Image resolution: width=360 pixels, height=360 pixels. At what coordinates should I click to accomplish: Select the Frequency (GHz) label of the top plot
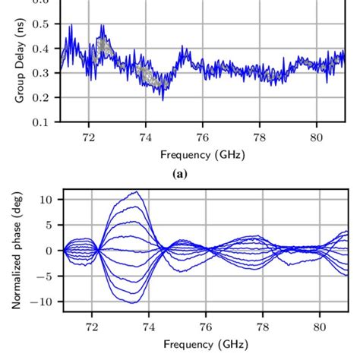tap(203, 154)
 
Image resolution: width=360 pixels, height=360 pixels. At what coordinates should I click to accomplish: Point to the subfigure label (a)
tap(181, 174)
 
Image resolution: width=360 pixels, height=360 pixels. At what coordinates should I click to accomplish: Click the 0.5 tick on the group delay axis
tap(44, 24)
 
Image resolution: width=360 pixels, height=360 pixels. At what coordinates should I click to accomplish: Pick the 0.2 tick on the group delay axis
tap(44, 97)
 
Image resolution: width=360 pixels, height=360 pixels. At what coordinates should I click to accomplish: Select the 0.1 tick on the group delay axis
tap(44, 122)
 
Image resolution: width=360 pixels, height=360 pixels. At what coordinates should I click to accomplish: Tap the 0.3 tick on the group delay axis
tap(44, 73)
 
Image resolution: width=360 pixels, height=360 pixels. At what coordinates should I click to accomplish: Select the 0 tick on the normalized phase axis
tap(49, 251)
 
